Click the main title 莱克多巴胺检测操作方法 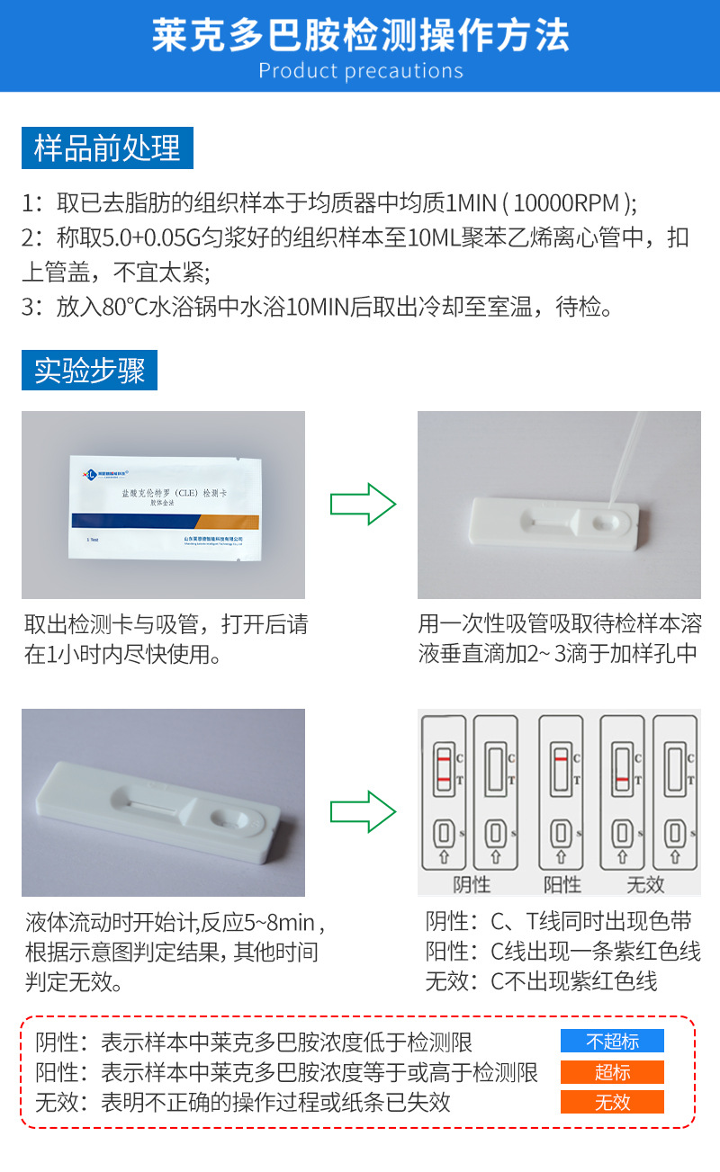pos(360,36)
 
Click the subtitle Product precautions pos(360,71)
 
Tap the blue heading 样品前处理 pos(107,148)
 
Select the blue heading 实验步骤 pos(89,370)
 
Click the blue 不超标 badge pos(612,1042)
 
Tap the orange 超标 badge pos(612,1072)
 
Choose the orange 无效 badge pos(612,1103)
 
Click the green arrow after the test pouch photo pos(363,504)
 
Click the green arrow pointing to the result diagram pos(363,810)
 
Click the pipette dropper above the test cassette pos(626,460)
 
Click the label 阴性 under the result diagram pos(471,884)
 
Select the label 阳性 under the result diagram pos(562,884)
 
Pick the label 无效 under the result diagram pos(644,884)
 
